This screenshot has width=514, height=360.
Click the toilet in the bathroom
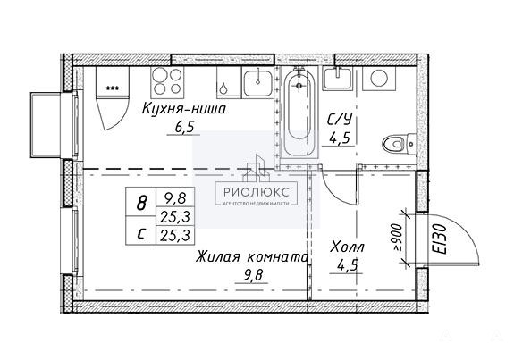click(x=399, y=144)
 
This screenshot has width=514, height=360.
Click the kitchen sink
click(x=257, y=82)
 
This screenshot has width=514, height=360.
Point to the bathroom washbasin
click(x=337, y=79)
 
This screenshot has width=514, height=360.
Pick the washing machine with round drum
click(x=379, y=79)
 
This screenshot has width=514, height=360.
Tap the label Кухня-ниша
click(x=184, y=108)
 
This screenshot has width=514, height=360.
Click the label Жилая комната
click(x=252, y=257)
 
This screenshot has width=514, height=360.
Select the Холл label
click(x=348, y=247)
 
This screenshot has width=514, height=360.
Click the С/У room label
click(x=340, y=120)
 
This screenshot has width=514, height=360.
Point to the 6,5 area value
click(x=183, y=128)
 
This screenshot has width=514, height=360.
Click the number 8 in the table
click(x=141, y=203)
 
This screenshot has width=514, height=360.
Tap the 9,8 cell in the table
click(x=176, y=197)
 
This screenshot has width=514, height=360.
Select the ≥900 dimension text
click(x=398, y=238)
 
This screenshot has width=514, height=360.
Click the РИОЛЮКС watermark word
click(x=257, y=192)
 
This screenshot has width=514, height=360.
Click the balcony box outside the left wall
click(x=46, y=125)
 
